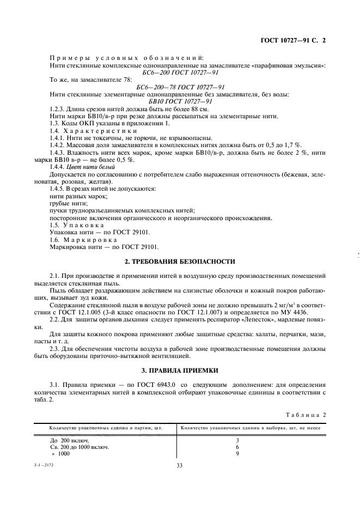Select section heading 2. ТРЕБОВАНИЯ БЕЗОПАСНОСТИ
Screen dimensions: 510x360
180,262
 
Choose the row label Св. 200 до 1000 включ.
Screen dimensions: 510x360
80,446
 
